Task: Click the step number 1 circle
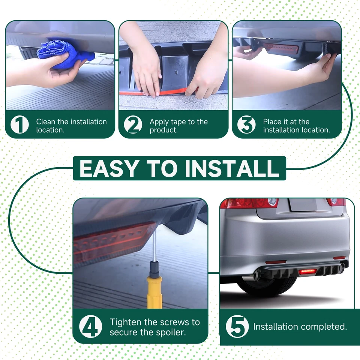20,124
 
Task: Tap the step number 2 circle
133,124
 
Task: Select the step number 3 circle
246,124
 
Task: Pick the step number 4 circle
91,326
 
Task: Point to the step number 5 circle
237,326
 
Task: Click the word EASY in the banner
109,168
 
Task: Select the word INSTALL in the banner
232,168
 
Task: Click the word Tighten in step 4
126,322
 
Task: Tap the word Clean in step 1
45,121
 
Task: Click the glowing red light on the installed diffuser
307,272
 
